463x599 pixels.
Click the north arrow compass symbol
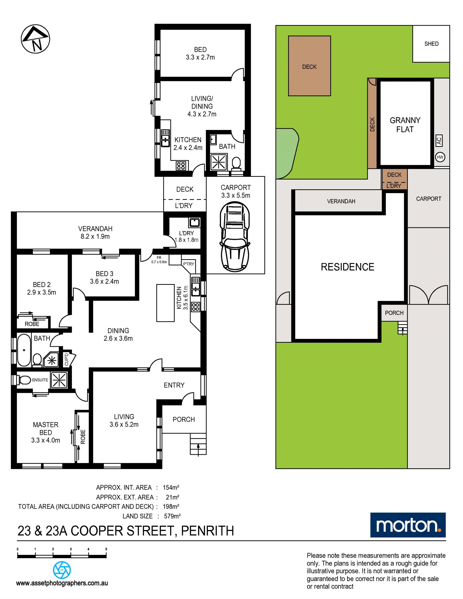coord(35,39)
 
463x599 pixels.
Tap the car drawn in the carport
coord(235,236)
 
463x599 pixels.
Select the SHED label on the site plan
coord(431,44)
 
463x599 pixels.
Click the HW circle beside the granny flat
coord(440,157)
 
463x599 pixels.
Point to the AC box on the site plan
coord(439,141)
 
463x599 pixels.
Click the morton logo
coord(408,525)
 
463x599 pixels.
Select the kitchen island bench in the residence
coord(165,303)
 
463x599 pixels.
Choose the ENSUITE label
coord(40,380)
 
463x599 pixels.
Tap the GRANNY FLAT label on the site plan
coord(405,125)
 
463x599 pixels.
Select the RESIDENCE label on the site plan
coord(347,267)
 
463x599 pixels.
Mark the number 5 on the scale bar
coord(106,549)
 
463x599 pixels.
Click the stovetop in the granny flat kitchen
coord(181,166)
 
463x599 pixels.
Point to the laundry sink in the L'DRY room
coord(194,222)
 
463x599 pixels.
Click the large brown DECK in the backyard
coord(309,66)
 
